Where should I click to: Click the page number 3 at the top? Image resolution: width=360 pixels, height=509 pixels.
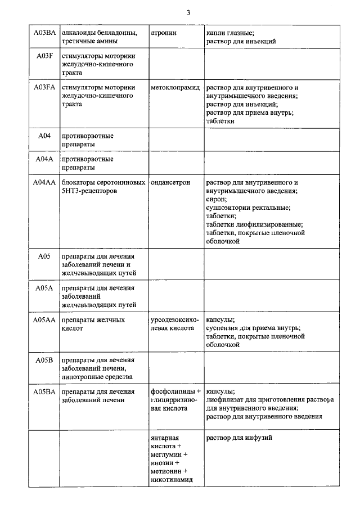[189, 12]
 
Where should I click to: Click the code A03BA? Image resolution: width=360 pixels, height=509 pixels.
[44, 33]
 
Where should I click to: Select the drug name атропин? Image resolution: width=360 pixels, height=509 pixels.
[164, 33]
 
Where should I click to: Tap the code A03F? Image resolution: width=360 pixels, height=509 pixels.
[44, 56]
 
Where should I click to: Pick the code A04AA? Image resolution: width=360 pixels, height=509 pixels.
[44, 183]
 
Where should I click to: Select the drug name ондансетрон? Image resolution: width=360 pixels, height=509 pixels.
[171, 183]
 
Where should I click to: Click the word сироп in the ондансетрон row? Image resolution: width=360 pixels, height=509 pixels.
[216, 199]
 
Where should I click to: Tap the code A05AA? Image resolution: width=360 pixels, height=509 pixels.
[44, 320]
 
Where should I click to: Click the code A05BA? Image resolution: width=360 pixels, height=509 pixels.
[44, 392]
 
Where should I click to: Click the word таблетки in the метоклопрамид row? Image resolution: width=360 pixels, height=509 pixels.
[220, 120]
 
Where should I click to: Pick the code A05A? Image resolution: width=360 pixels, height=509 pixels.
[44, 288]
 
